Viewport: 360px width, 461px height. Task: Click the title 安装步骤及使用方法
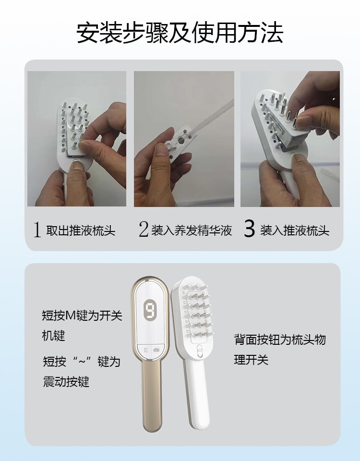180,33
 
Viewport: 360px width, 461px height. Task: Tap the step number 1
37,230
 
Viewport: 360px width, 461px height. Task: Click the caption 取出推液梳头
81,231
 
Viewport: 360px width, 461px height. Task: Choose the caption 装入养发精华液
192,231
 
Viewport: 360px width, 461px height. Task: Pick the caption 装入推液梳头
295,231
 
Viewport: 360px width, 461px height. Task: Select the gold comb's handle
150,399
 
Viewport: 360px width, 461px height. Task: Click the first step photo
77,139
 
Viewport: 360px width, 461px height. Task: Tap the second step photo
184,139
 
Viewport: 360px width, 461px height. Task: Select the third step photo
290,139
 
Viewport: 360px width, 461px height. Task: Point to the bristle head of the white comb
197,310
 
